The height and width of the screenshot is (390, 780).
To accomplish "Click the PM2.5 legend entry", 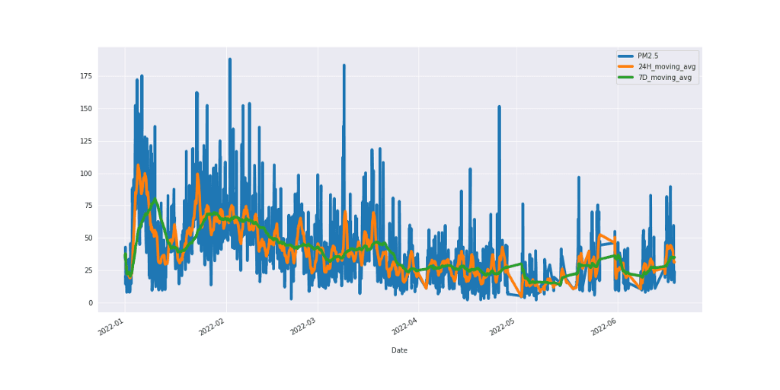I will click(648, 56).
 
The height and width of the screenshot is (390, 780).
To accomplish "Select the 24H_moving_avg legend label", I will click(667, 67).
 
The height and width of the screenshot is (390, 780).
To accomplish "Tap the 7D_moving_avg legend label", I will click(665, 78).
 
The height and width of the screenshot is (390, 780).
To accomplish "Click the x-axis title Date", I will click(399, 350).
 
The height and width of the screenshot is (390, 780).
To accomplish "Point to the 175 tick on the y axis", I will click(86, 76).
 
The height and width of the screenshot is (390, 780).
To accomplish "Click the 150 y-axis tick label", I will click(86, 109).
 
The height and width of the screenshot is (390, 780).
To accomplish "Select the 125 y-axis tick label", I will click(86, 142).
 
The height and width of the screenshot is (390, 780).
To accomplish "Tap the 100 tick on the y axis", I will click(86, 174).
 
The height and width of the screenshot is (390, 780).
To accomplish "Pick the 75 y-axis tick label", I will click(88, 206).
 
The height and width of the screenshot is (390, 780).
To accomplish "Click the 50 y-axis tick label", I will click(88, 238).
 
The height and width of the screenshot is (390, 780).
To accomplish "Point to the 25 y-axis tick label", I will click(88, 270).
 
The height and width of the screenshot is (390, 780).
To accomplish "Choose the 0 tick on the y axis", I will click(91, 303).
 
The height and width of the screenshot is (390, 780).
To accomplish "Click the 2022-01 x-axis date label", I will click(112, 328).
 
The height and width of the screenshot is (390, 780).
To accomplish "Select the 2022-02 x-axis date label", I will click(213, 328).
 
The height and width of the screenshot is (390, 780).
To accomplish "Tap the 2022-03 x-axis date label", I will click(304, 328).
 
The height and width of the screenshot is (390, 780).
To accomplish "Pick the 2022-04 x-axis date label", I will click(404, 328).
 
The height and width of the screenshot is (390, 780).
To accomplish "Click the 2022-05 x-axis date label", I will click(503, 328).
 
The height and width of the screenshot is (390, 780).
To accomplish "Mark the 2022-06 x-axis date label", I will click(603, 328).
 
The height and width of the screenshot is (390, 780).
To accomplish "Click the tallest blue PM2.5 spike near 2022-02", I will click(229, 59).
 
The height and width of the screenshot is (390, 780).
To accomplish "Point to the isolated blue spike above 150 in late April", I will click(499, 107).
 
